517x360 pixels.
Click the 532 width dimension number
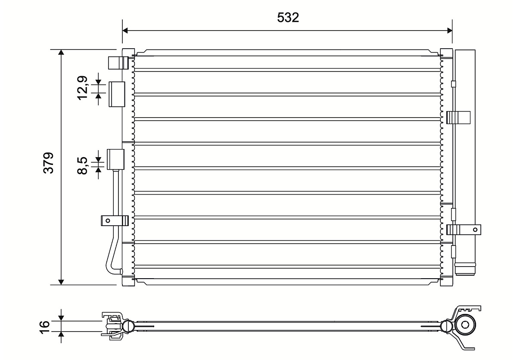tap(288, 18)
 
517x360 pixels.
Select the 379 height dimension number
tap(48, 163)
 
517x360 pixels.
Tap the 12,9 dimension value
tap(83, 88)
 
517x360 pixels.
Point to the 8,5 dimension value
tap(82, 165)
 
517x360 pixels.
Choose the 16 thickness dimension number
tap(44, 327)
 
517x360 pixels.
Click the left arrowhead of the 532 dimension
tap(125, 31)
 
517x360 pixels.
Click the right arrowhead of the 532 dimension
tap(450, 31)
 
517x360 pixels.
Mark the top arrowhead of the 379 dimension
tap(61, 52)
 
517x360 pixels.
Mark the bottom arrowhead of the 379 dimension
tap(61, 282)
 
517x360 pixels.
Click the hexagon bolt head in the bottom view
tap(466, 325)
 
